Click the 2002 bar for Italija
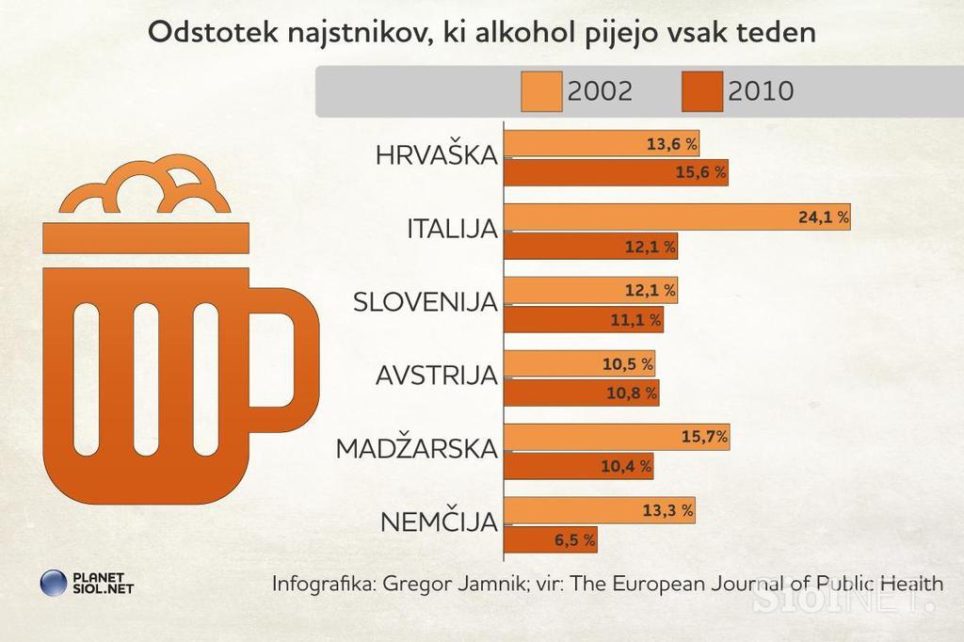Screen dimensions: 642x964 (x=678, y=217)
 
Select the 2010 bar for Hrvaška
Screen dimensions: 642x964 (x=617, y=172)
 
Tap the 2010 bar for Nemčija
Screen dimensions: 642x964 (x=551, y=539)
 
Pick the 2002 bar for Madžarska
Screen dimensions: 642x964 (x=617, y=437)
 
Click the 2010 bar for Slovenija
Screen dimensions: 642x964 (x=584, y=320)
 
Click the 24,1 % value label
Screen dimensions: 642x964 (x=823, y=217)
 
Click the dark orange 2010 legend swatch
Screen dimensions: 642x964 (x=700, y=91)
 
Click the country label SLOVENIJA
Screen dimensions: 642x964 (x=425, y=303)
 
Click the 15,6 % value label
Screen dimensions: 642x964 (x=700, y=172)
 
